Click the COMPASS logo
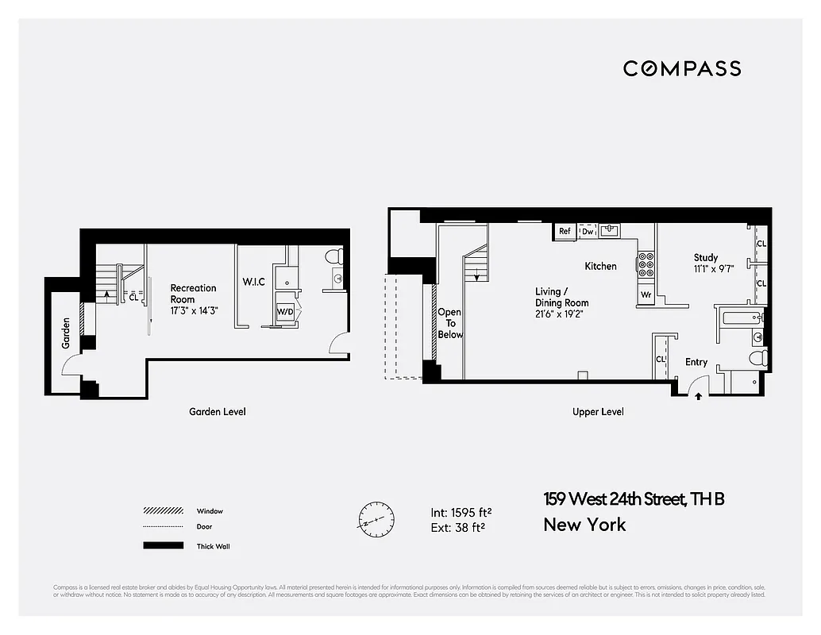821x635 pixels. [x=681, y=68]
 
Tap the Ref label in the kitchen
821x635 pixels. [x=565, y=232]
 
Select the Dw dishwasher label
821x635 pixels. [x=588, y=232]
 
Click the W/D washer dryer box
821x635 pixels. [x=285, y=313]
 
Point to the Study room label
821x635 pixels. [x=705, y=257]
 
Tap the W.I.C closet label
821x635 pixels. [x=254, y=282]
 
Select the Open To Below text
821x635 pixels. [x=449, y=323]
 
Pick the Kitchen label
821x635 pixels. [x=600, y=266]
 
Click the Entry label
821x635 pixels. [x=696, y=362]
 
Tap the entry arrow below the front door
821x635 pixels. [x=698, y=396]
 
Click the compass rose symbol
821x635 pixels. [x=376, y=520]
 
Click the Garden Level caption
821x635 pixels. [x=217, y=411]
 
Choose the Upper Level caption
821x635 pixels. [x=598, y=411]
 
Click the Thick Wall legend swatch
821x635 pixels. [x=163, y=546]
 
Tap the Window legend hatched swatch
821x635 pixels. [x=163, y=511]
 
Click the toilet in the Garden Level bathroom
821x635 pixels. [x=333, y=256]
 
